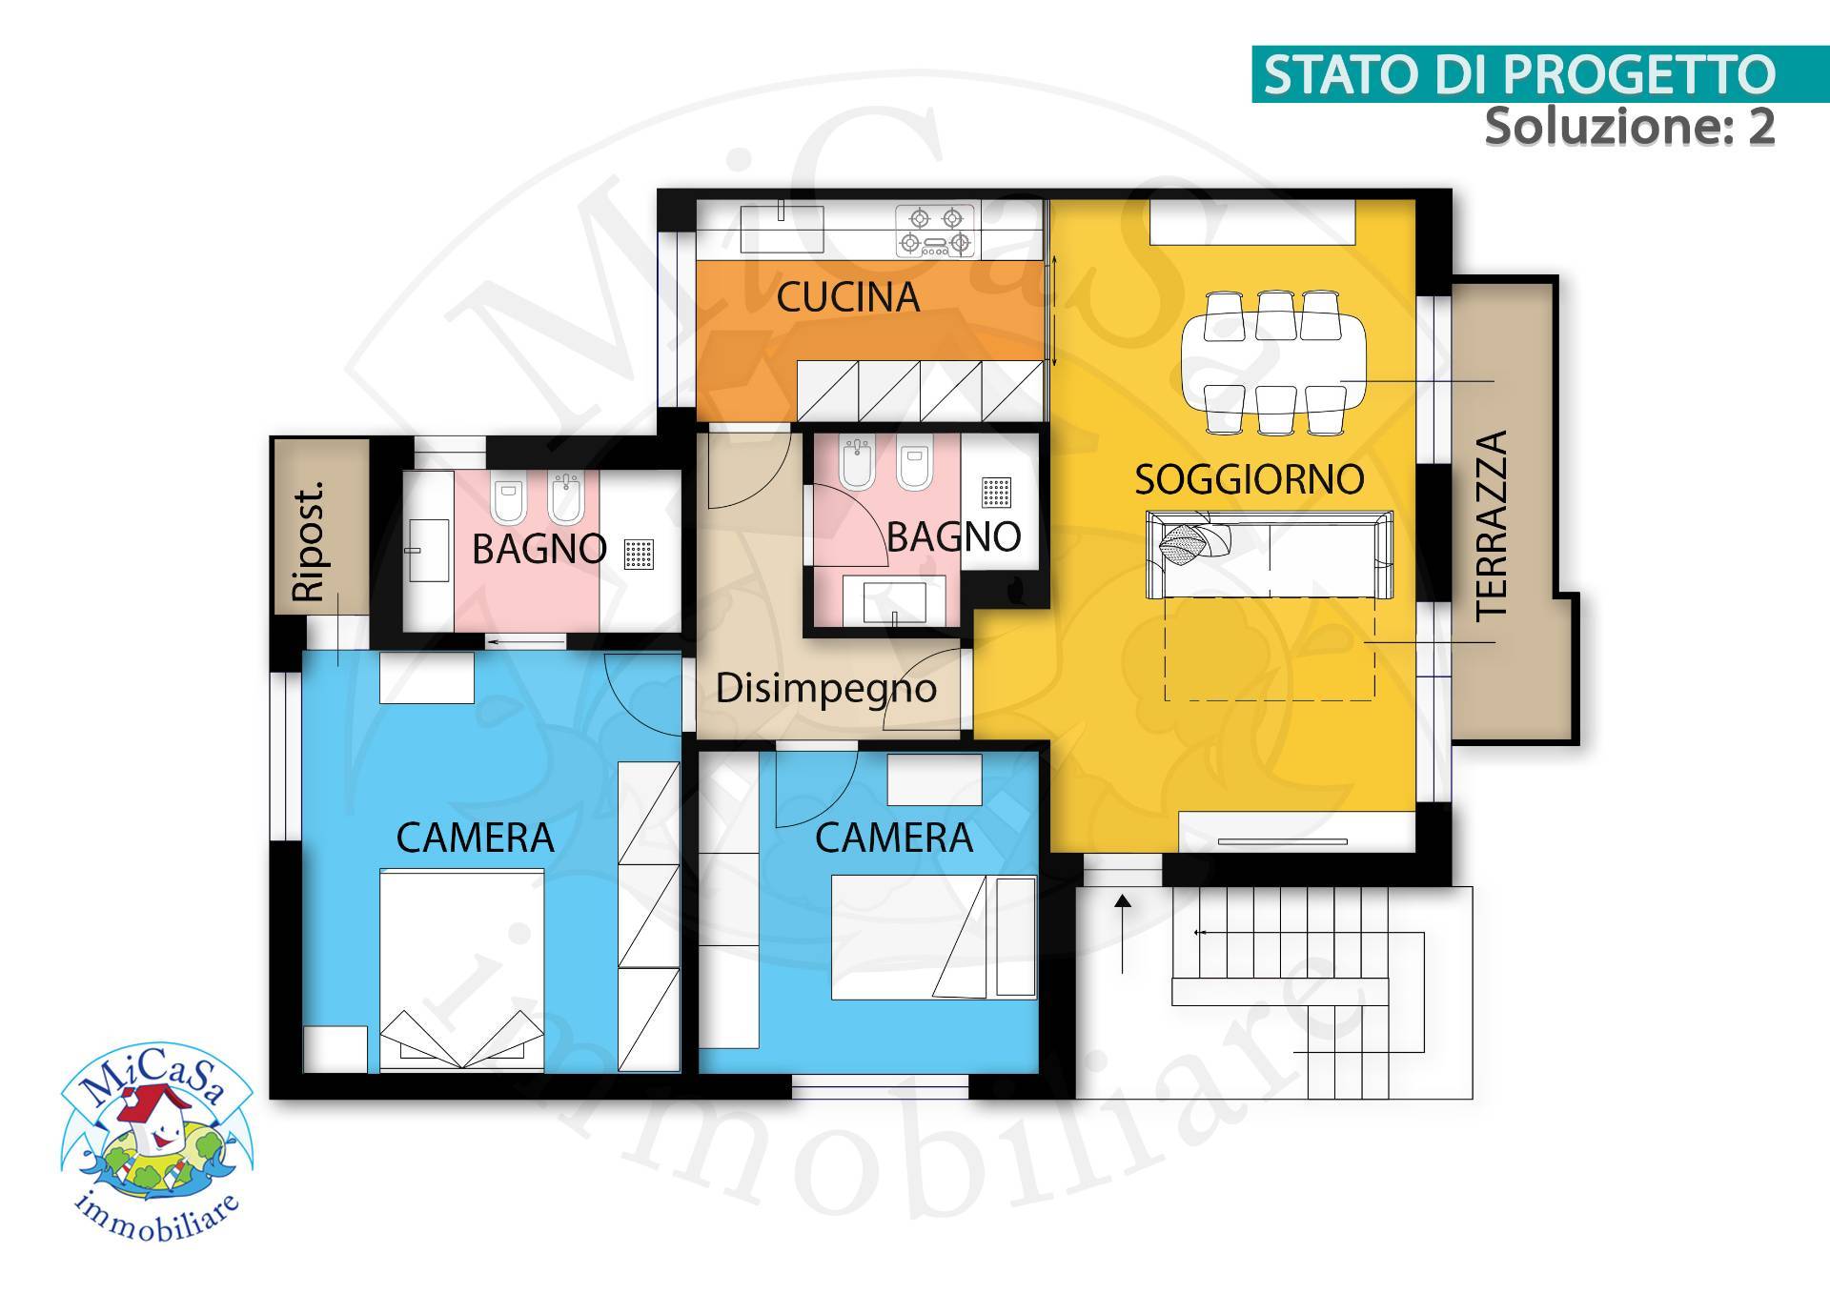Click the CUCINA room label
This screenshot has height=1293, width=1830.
click(x=847, y=297)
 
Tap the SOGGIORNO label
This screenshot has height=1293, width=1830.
click(x=1249, y=479)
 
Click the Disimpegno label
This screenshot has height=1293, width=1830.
click(x=825, y=688)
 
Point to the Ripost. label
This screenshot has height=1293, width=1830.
click(x=309, y=540)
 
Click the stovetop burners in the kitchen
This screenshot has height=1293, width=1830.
click(x=935, y=231)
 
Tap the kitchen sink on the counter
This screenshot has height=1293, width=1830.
click(x=782, y=227)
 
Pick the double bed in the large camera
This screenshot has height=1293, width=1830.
click(x=461, y=967)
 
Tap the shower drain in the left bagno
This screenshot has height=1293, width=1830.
click(x=640, y=554)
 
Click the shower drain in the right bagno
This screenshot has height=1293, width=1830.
click(x=996, y=493)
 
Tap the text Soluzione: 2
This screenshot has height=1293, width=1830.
click(x=1629, y=127)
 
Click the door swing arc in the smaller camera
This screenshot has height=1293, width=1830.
click(x=805, y=790)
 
